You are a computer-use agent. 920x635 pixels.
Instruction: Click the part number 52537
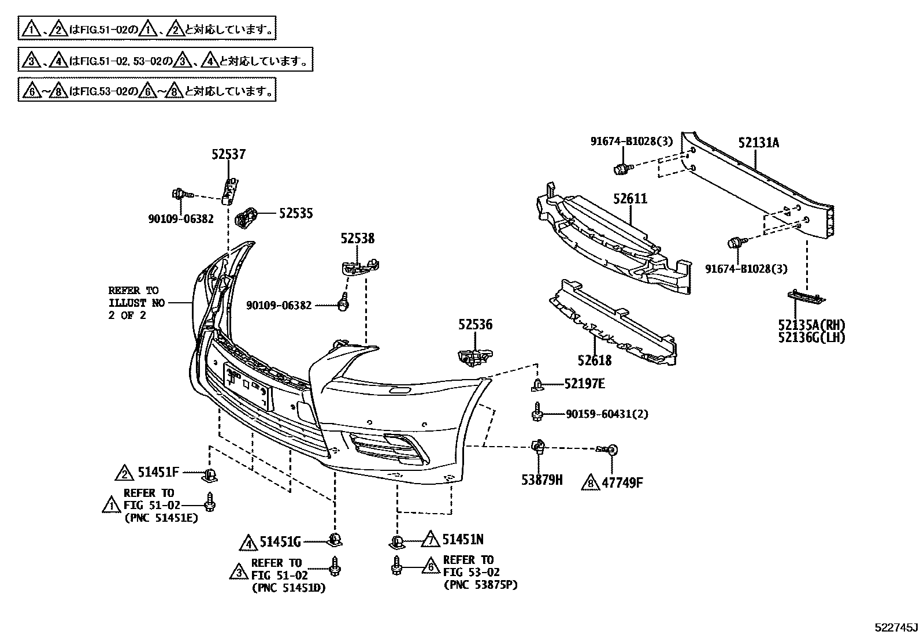tap(228, 154)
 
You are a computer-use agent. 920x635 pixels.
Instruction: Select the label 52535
tap(295, 213)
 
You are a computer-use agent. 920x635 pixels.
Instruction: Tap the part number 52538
tap(357, 238)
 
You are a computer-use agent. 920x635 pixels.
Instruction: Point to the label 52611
tap(630, 199)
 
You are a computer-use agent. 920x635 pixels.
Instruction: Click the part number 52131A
tap(758, 143)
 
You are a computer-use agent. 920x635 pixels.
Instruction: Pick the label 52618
tap(594, 361)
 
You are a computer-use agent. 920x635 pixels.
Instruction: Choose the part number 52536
tap(476, 325)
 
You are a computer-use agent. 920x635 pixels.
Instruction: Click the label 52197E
tap(584, 383)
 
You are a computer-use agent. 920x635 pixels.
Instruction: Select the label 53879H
tap(541, 480)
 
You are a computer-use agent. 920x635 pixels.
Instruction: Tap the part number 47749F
tap(621, 482)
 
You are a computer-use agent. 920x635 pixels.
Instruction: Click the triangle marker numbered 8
tap(590, 482)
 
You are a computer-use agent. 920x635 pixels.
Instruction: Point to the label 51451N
tap(463, 540)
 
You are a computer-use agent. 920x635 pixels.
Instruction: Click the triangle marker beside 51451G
tap(248, 543)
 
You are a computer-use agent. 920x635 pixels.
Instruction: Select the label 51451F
tap(158, 472)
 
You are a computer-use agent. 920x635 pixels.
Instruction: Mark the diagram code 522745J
tap(895, 627)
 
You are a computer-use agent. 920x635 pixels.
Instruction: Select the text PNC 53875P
tap(480, 585)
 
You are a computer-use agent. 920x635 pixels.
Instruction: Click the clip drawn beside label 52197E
tap(537, 384)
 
